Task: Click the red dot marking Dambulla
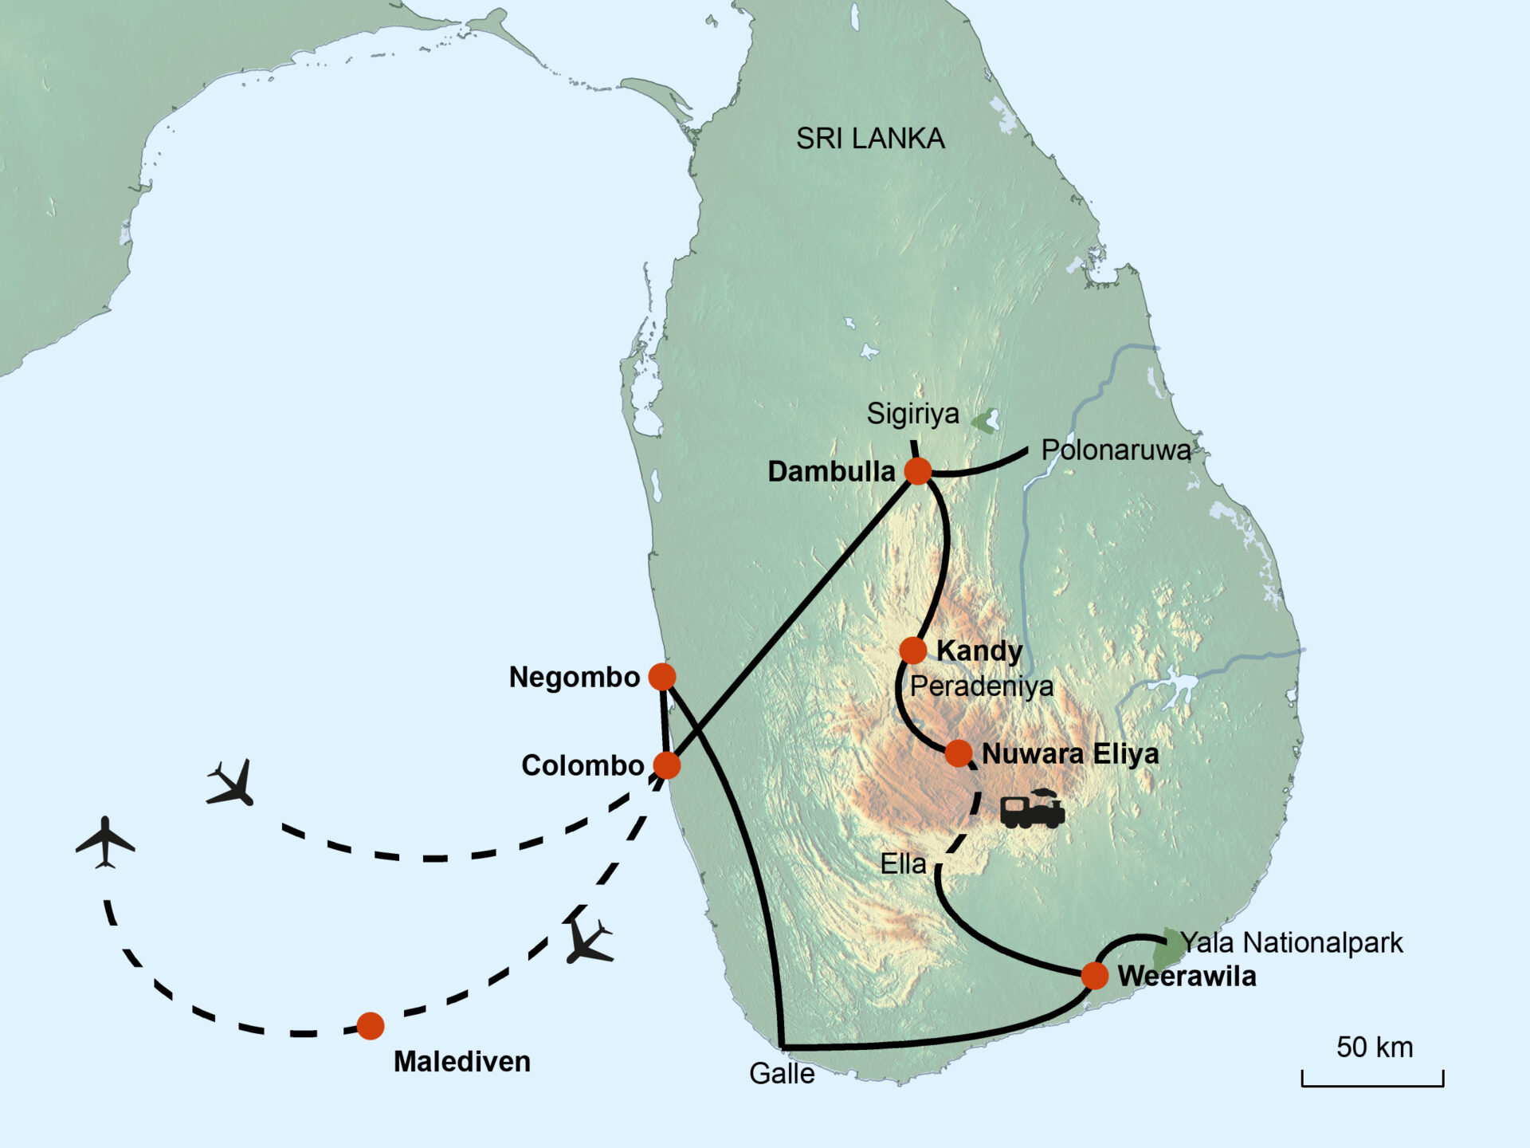pos(918,471)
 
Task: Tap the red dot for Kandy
pos(913,651)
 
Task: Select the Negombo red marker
pos(662,677)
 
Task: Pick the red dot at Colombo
pos(667,765)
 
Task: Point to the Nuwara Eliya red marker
pos(959,753)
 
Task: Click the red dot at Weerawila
pos(1095,974)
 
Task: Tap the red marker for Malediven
pos(371,1026)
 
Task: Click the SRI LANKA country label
pos(870,139)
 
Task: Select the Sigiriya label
pos(913,414)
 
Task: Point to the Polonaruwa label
pos(1116,450)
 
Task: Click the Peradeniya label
pos(982,686)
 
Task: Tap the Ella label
pos(903,864)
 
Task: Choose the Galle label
pos(782,1074)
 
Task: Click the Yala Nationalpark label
pos(1291,943)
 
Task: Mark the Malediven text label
pos(462,1062)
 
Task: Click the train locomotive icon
pos(1033,809)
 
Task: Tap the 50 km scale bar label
pos(1375,1048)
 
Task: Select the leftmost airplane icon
pos(105,842)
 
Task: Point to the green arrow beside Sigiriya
pos(986,421)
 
